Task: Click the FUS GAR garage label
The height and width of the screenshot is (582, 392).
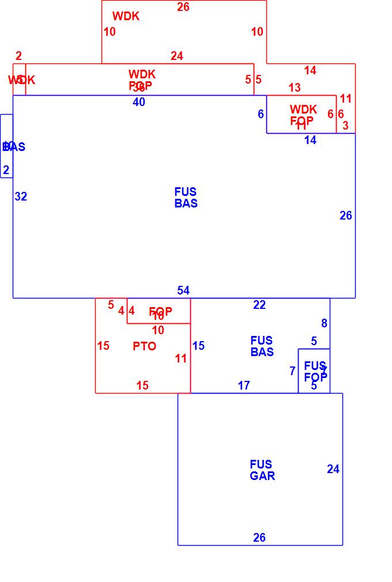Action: [x=262, y=470]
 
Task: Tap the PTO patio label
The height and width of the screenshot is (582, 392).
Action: [x=144, y=346]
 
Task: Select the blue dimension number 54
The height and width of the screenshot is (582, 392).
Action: [x=183, y=290]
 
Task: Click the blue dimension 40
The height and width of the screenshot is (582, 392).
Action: [x=139, y=102]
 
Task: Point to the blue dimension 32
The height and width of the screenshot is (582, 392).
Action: [x=21, y=196]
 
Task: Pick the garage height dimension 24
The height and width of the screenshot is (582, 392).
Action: [x=333, y=469]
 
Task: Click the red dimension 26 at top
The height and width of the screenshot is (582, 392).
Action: [x=183, y=7]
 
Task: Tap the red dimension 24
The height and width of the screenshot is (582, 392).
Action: [x=177, y=56]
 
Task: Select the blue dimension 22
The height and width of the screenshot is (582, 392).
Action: [x=259, y=305]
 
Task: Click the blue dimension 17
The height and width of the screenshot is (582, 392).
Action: [x=244, y=385]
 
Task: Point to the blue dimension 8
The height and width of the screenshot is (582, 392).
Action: [x=324, y=323]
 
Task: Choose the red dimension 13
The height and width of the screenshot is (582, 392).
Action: [x=295, y=88]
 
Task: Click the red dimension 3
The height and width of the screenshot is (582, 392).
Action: [x=345, y=125]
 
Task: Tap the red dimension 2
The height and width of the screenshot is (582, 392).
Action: [x=18, y=56]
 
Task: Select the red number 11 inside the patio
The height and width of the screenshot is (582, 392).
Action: [x=181, y=358]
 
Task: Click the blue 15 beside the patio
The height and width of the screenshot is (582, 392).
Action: [x=198, y=346]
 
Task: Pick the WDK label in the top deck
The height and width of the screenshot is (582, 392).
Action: [x=126, y=16]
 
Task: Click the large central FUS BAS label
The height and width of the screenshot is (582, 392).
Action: [x=186, y=198]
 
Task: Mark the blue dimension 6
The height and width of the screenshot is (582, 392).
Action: [x=261, y=114]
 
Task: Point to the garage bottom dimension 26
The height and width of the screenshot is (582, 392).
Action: [x=259, y=538]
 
